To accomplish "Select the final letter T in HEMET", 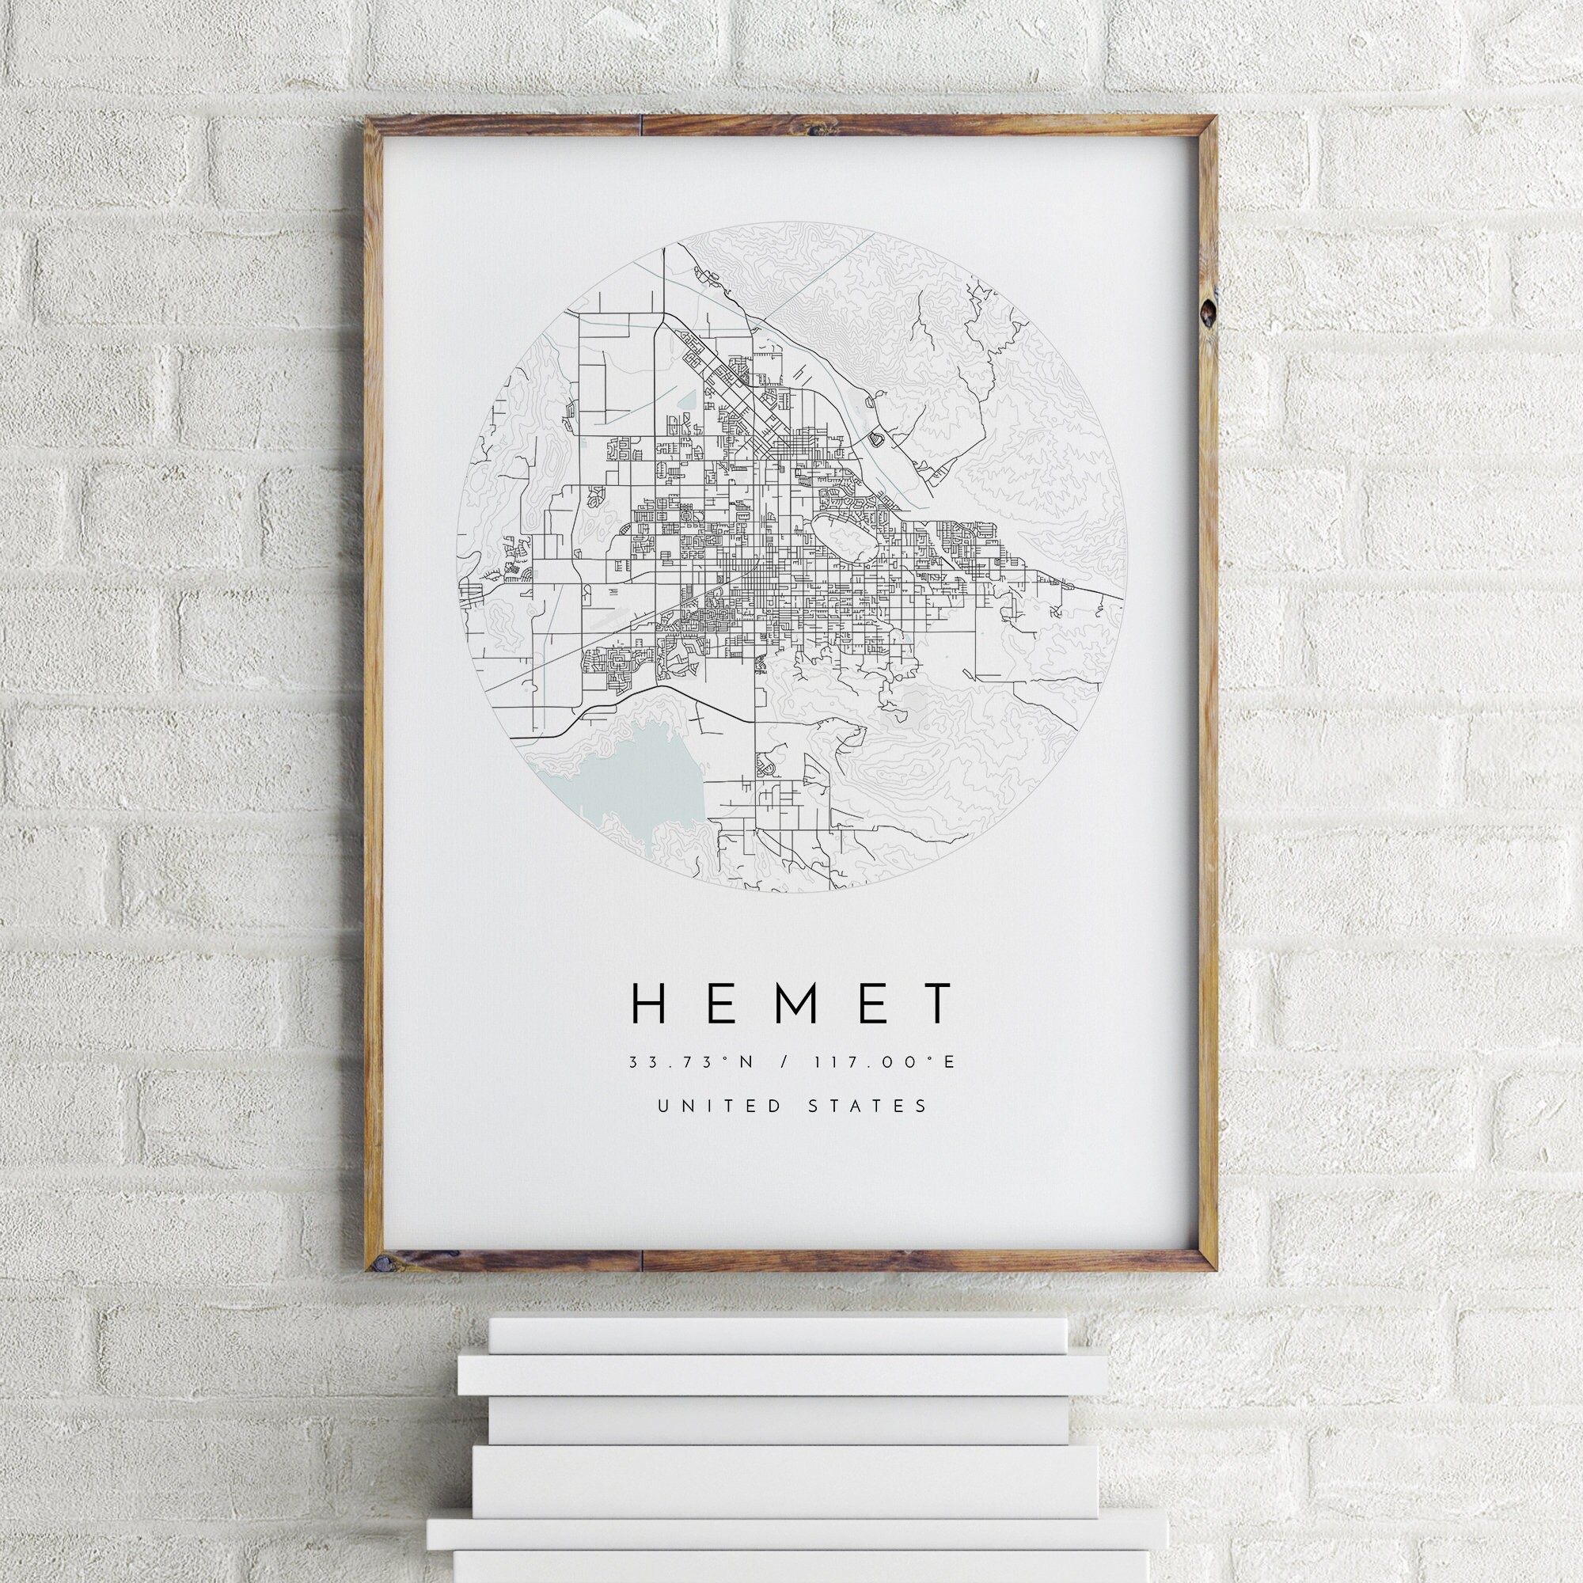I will (936, 1004).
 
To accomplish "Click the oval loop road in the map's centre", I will (845, 541).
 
